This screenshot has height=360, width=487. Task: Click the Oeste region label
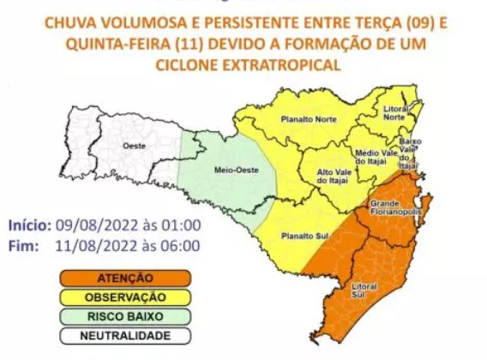(x=133, y=147)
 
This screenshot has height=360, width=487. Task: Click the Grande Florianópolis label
(x=393, y=207)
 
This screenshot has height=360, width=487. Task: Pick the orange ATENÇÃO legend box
(x=125, y=278)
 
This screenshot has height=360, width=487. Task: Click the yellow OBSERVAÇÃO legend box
(x=125, y=297)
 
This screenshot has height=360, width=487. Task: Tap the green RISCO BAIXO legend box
(x=125, y=316)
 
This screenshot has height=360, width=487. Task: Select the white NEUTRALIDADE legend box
(x=125, y=336)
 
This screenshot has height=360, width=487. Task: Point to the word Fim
(x=23, y=245)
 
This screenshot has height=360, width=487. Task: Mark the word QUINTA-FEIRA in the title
(x=115, y=42)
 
